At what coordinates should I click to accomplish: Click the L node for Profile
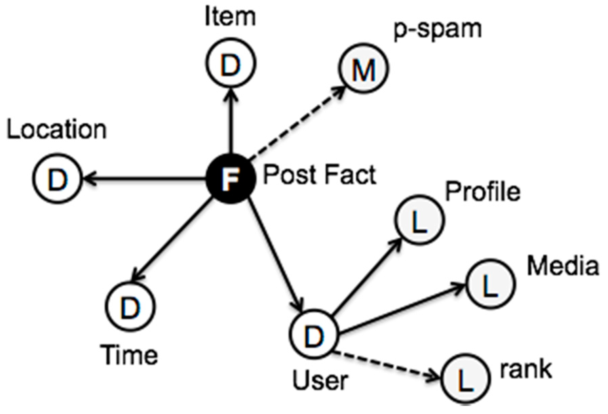[x=419, y=220]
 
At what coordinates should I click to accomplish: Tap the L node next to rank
[x=466, y=378]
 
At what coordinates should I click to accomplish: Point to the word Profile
[x=482, y=192]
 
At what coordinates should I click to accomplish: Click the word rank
[x=526, y=369]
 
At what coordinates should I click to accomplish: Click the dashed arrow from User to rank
[x=383, y=364]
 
